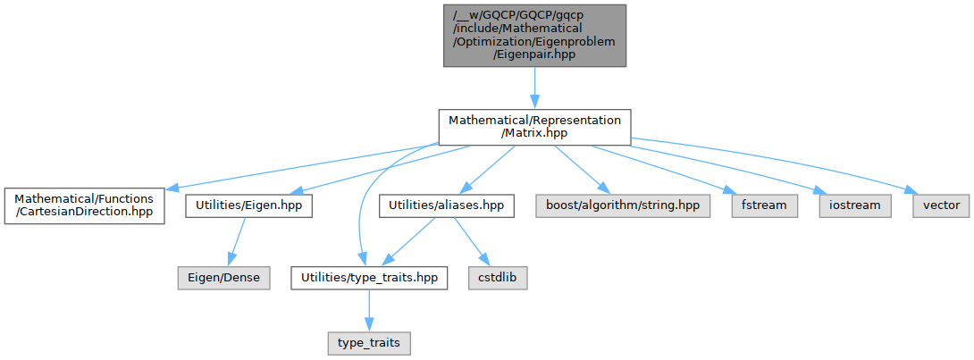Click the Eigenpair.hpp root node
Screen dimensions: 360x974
[534, 36]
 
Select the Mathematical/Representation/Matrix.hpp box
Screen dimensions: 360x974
[534, 126]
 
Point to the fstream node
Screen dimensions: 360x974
[764, 205]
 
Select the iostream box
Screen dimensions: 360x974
[854, 205]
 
